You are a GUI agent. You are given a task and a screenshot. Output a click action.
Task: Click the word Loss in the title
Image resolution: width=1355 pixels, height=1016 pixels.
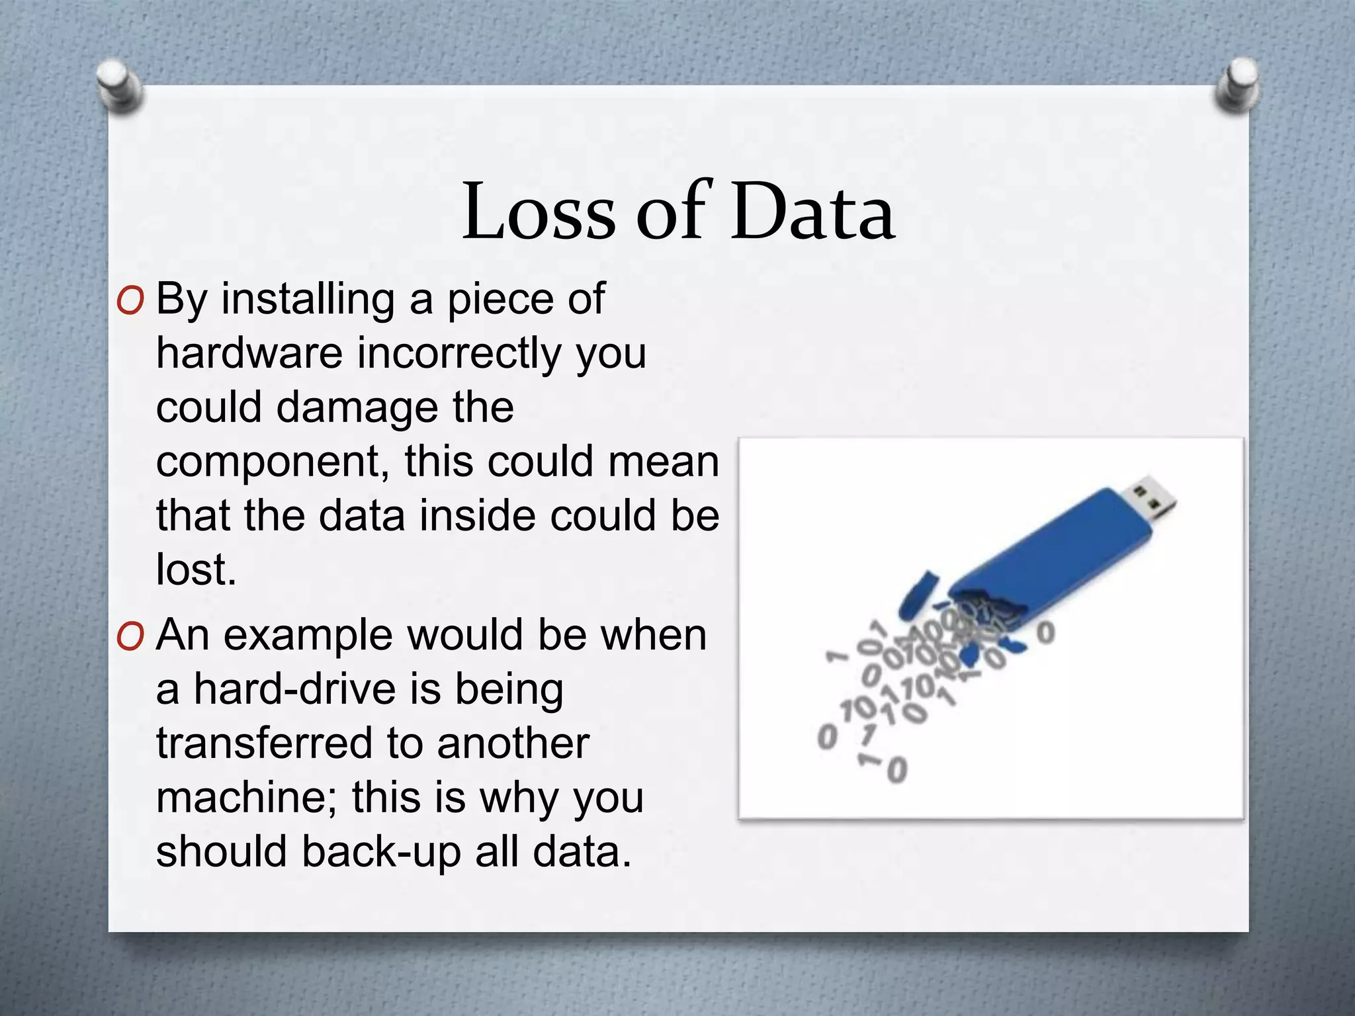[538, 212]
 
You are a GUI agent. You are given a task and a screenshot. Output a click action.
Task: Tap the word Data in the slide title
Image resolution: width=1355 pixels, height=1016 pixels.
[812, 212]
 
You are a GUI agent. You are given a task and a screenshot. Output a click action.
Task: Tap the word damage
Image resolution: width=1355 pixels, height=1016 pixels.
[357, 408]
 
